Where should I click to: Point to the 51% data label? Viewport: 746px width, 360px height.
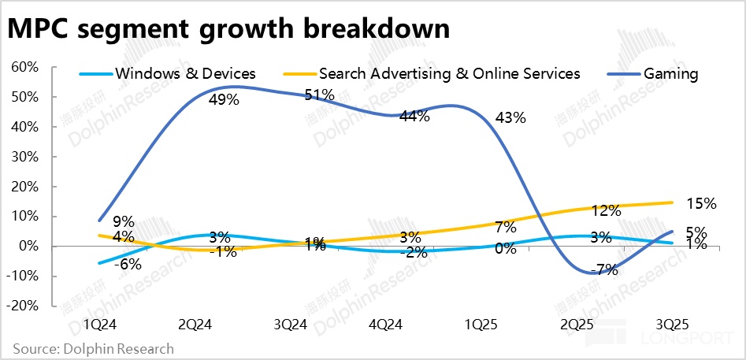click(x=320, y=95)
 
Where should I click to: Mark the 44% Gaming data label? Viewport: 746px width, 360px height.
click(x=414, y=117)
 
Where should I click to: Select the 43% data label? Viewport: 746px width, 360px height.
click(x=509, y=118)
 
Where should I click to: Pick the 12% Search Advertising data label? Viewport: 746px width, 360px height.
click(x=607, y=210)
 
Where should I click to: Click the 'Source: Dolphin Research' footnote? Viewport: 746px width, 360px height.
click(x=93, y=347)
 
